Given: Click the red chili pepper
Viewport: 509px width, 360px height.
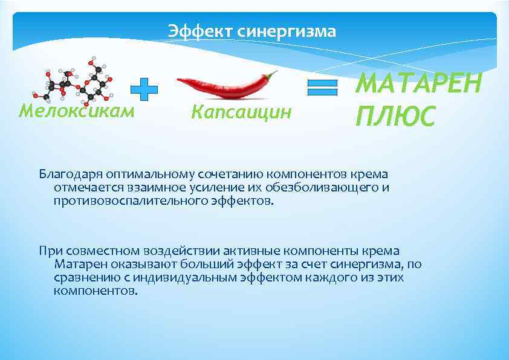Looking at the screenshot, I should click(x=224, y=87).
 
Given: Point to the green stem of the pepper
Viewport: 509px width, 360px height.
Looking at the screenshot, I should click(x=271, y=76).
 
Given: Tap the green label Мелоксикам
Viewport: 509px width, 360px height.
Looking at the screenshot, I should click(x=76, y=111).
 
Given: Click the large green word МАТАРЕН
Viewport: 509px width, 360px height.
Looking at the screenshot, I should click(x=418, y=83).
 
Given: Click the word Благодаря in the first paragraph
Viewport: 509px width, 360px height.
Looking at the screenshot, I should click(x=66, y=175).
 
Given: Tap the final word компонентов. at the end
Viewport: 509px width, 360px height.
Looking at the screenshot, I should click(x=96, y=291).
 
